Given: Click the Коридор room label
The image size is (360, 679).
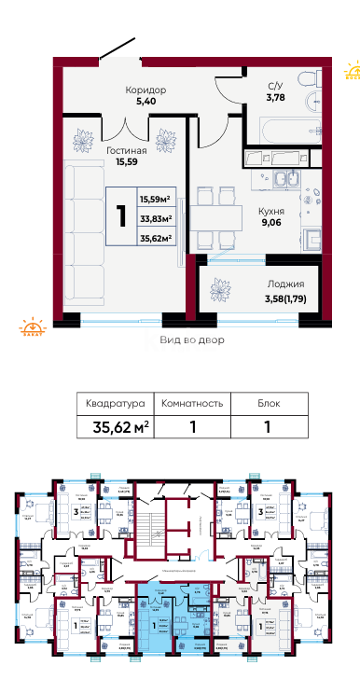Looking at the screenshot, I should click(145, 90).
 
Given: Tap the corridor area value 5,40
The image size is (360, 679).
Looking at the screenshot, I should click(145, 104).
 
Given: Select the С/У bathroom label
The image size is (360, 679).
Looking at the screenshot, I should click(275, 84).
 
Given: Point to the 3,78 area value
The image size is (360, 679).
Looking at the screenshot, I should click(275, 96).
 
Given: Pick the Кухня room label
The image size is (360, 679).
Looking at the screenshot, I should click(271, 211).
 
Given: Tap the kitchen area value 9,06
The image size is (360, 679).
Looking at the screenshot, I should click(271, 224).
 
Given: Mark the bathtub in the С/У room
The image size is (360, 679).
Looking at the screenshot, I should click(284, 128).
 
